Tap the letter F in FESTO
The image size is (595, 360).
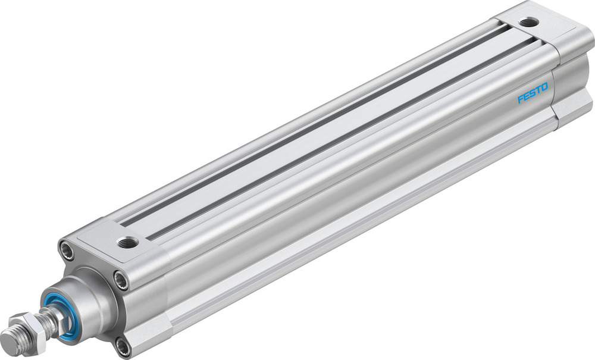tap(520, 99)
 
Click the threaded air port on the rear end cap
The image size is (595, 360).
tap(528, 23)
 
